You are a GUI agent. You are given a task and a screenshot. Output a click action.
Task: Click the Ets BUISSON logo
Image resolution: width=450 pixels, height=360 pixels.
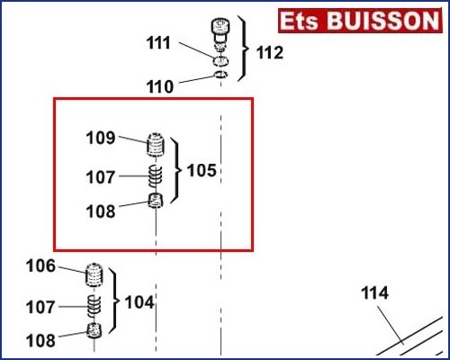(360, 21)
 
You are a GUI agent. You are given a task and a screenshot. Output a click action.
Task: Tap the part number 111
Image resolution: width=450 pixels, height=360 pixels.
(158, 42)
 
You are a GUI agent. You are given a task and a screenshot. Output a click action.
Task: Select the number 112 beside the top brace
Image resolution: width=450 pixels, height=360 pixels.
(270, 53)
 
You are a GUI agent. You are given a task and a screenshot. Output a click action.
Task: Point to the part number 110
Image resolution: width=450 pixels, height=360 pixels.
(160, 86)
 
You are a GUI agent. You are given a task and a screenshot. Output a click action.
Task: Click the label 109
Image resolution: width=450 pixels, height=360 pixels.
(101, 138)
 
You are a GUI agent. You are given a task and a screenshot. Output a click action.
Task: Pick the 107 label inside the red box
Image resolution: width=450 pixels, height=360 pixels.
(101, 177)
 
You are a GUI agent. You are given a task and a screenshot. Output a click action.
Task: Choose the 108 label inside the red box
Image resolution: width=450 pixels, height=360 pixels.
(101, 211)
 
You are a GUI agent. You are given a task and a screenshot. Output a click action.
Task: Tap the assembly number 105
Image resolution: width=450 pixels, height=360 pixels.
(202, 170)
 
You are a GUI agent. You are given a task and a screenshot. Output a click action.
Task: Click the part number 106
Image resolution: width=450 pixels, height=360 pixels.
(40, 265)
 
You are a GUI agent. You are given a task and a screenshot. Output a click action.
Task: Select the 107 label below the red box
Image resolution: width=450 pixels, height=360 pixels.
(40, 307)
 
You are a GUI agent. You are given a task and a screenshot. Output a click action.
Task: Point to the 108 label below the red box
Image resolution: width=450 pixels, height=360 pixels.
(40, 340)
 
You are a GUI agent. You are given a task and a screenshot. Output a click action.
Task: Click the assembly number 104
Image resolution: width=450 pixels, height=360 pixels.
(139, 302)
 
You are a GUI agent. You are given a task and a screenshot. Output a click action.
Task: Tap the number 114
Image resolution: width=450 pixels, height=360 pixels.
(374, 292)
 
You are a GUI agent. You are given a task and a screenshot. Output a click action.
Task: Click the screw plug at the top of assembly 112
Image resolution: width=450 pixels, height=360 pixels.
(220, 31)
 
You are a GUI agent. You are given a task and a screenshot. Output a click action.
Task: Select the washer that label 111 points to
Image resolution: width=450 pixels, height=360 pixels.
(221, 61)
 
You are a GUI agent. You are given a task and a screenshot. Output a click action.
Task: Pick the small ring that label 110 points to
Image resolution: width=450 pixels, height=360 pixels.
(221, 75)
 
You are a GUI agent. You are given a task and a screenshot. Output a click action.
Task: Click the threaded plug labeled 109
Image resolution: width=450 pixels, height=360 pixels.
(156, 144)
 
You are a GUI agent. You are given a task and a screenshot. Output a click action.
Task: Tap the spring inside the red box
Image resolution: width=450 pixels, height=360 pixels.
(156, 175)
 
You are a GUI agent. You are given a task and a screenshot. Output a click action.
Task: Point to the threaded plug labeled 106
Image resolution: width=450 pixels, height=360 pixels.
(94, 274)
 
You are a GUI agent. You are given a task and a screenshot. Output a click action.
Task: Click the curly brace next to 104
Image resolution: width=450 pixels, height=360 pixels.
(114, 301)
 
